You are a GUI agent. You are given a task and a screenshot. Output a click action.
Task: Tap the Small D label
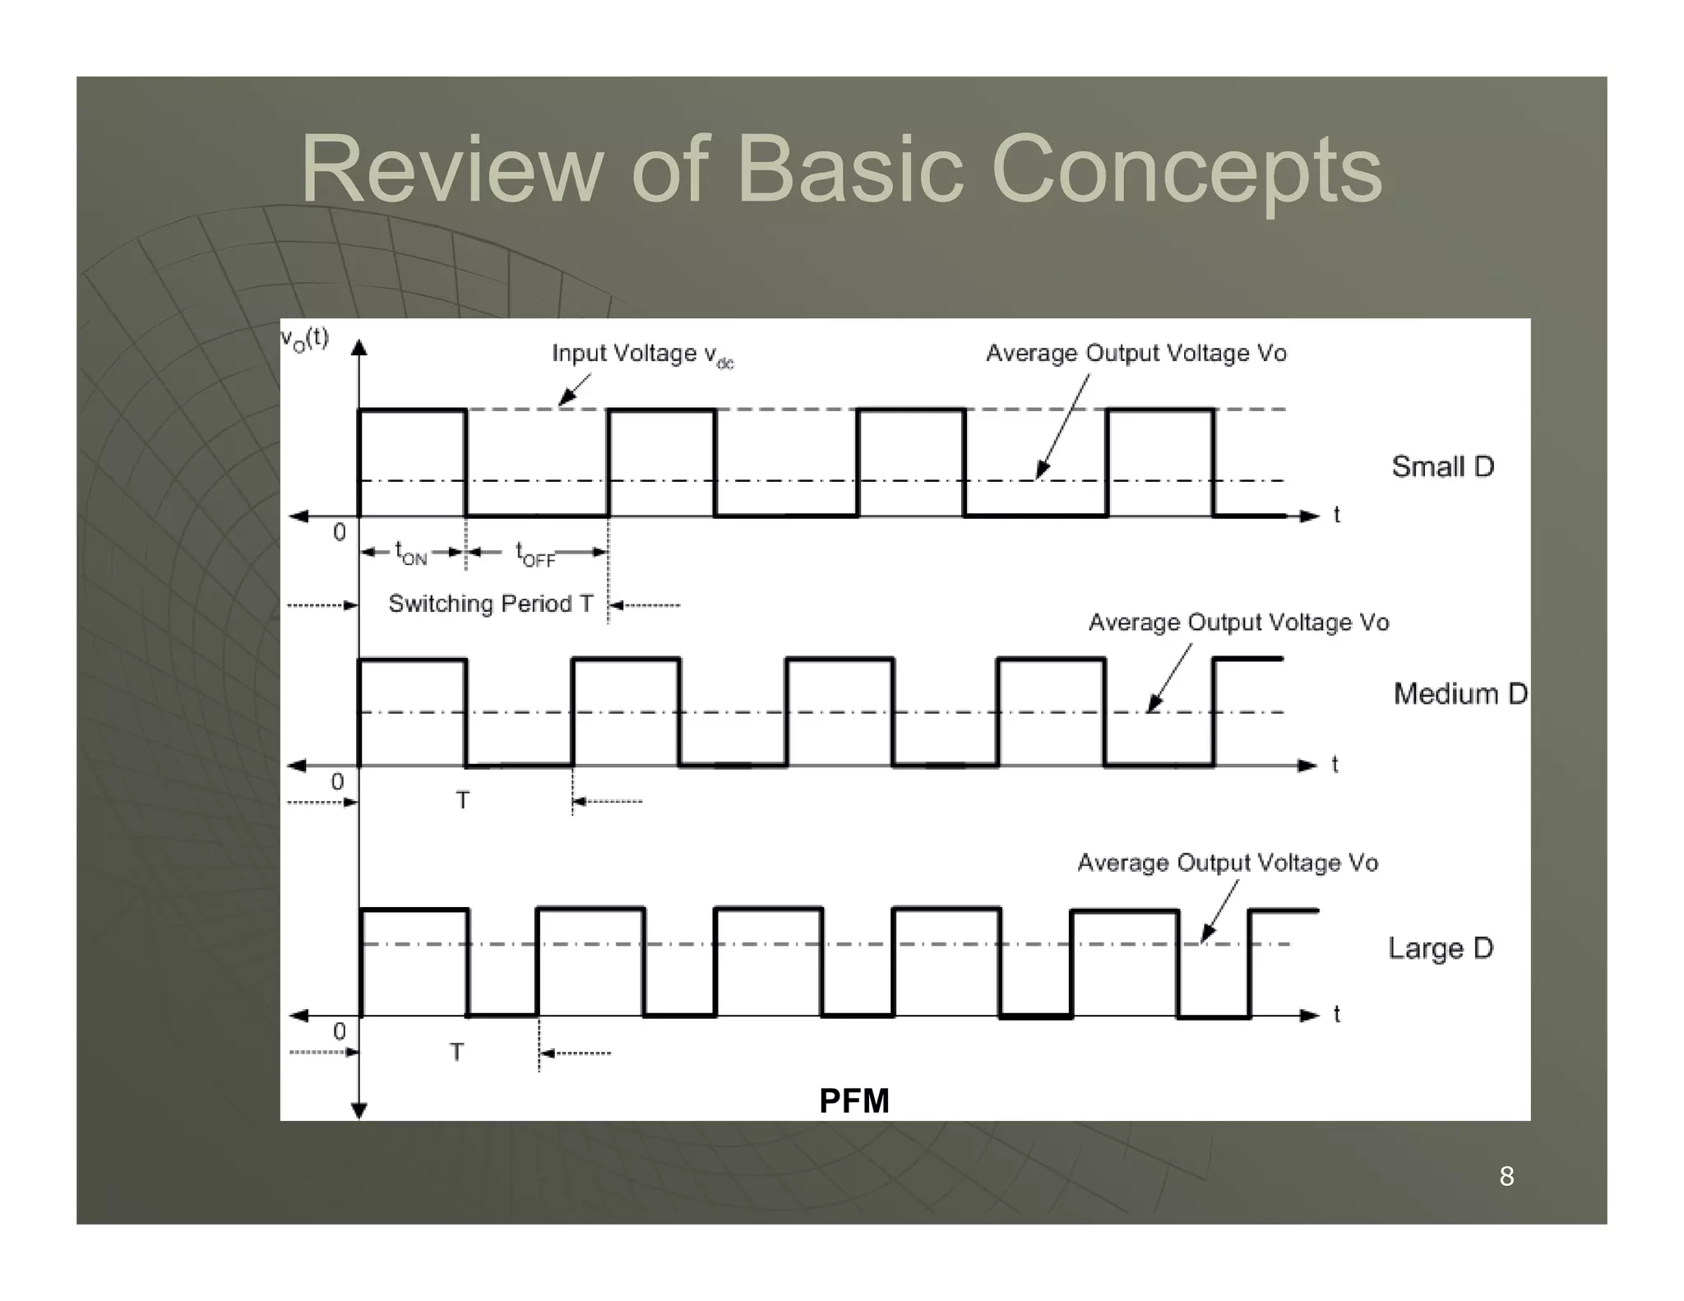(1442, 466)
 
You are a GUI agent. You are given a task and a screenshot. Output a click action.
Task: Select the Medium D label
(1460, 693)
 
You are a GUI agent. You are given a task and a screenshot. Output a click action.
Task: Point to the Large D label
(1441, 948)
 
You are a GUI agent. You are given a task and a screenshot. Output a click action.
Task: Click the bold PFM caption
(854, 1100)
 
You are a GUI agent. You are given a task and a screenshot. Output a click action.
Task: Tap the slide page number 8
(1506, 1176)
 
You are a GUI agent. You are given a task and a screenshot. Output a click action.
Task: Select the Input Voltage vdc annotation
(641, 354)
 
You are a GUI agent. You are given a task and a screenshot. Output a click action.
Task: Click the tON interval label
(411, 553)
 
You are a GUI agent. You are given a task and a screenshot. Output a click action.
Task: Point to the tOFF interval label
(535, 553)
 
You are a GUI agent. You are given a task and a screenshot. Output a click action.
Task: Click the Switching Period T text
(490, 604)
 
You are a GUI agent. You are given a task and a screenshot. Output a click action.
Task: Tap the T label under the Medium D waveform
(463, 800)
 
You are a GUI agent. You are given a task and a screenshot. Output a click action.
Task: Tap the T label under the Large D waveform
(457, 1052)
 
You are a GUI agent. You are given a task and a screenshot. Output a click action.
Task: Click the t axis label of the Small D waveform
(1336, 515)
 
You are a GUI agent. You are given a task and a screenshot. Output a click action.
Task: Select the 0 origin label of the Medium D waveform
(337, 781)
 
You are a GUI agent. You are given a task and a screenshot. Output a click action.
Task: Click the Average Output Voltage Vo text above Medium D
(1238, 623)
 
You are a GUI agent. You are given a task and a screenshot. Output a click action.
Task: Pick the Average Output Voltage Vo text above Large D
(1227, 863)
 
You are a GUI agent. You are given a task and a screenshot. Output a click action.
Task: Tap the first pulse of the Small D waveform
(412, 461)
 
